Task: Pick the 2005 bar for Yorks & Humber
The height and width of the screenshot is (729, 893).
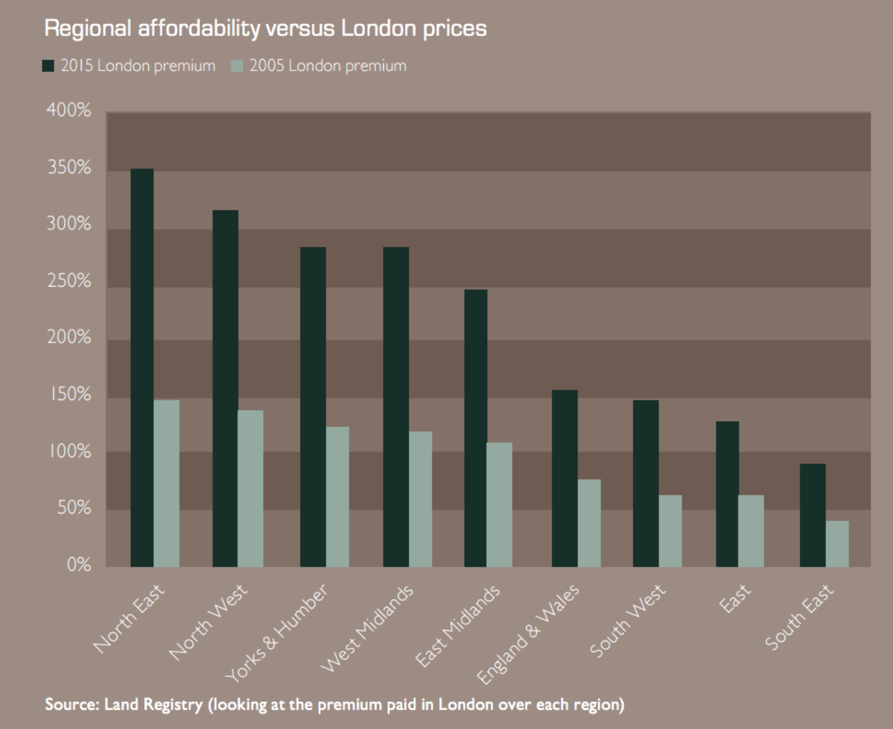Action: point(337,497)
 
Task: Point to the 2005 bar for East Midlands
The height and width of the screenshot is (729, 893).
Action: point(500,505)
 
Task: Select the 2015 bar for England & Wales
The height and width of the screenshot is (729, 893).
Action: point(565,478)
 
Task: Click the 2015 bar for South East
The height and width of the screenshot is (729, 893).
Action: point(812,515)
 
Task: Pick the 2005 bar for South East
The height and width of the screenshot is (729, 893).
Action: point(837,544)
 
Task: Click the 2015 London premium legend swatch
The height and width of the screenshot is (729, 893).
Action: point(48,66)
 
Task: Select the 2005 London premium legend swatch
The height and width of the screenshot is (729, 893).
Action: point(237,66)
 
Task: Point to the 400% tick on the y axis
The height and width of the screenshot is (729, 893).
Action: point(69,110)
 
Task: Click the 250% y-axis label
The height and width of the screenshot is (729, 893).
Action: point(69,281)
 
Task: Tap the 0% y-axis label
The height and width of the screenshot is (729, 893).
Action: point(79,565)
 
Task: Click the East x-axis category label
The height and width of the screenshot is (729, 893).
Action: point(735,598)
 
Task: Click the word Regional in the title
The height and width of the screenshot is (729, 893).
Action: point(87,28)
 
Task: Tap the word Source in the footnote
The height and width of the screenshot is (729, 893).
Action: point(71,704)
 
